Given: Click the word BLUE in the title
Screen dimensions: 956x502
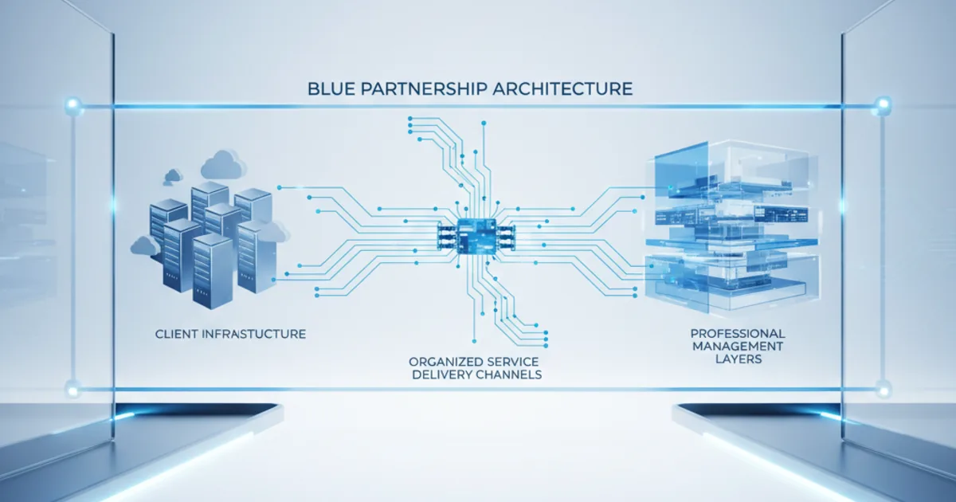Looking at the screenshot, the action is (331, 88).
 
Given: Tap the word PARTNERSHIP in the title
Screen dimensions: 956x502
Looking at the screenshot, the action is (424, 88).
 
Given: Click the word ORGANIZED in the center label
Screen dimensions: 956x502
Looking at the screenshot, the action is (441, 362).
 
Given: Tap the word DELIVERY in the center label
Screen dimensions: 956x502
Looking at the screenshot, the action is (441, 375).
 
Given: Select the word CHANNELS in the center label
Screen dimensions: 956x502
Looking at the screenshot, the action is (509, 375).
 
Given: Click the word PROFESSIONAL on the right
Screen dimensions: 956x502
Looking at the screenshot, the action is (738, 333).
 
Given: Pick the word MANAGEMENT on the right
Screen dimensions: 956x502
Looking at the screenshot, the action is (738, 346).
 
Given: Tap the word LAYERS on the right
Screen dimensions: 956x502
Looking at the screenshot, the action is (739, 359).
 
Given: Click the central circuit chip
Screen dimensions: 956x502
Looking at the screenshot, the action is (476, 237).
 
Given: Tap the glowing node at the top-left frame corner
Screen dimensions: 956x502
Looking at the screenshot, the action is (73, 104).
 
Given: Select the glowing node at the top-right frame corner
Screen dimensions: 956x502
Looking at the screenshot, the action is (883, 104).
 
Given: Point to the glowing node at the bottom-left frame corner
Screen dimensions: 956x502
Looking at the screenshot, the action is (73, 390).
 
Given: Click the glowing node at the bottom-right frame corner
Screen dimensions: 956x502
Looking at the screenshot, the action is (883, 390).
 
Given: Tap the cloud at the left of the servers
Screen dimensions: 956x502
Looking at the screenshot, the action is (145, 246).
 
